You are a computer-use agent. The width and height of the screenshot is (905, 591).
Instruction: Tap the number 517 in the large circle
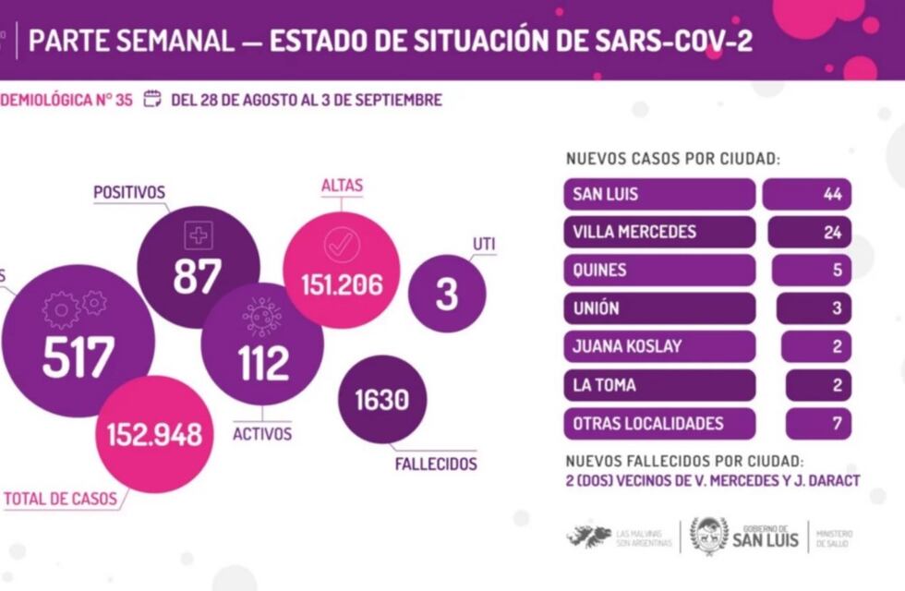pos(78,357)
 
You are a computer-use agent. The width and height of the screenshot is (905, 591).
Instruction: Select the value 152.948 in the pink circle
pos(155,434)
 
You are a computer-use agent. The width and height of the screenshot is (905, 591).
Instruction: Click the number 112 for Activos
pos(263,364)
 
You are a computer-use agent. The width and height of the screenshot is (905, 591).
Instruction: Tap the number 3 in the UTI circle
pos(447,295)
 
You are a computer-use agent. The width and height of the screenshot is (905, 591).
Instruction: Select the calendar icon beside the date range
pos(153,100)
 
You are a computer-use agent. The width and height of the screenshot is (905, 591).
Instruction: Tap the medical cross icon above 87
pos(198,235)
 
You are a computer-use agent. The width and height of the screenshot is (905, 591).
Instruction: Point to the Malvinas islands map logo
pos(589,537)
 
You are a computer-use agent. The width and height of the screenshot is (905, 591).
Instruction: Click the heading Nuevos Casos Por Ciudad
pos(672,159)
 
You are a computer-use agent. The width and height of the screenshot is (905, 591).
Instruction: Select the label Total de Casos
pos(61,500)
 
